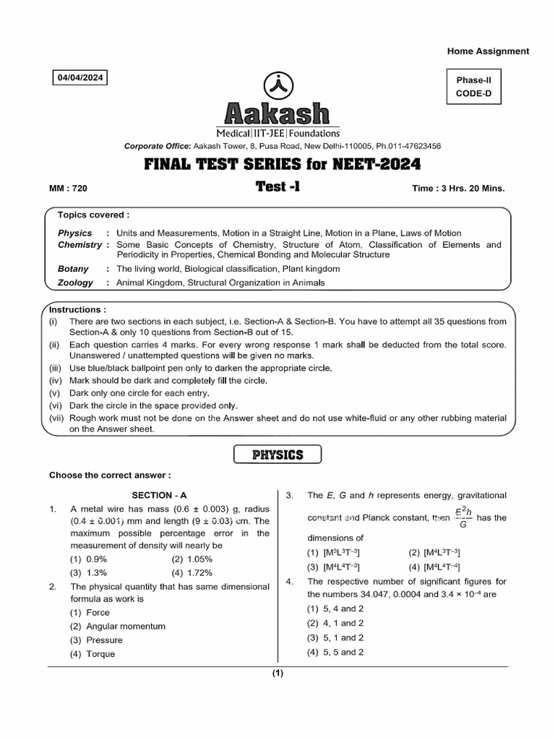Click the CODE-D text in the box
473,94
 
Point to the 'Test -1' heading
277,186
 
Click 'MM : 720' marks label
68,189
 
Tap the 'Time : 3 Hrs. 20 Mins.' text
458,189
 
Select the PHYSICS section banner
277,455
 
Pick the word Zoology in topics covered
76,283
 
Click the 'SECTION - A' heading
159,495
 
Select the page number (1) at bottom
277,674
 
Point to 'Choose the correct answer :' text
110,476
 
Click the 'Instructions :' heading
78,309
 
